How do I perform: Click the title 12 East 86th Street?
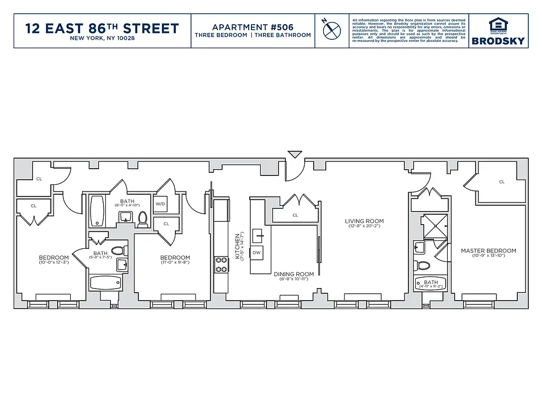tap(102, 28)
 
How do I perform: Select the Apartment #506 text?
tap(252, 27)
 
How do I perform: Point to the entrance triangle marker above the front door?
tap(295, 155)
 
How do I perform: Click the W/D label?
tap(160, 204)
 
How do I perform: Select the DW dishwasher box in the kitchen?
tap(257, 252)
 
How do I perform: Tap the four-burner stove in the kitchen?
tap(221, 264)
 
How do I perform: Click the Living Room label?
tap(364, 221)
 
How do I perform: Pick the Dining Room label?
tap(294, 274)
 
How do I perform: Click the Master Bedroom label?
tap(488, 251)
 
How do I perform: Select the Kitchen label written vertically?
tap(237, 246)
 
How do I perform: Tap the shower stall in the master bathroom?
tap(435, 225)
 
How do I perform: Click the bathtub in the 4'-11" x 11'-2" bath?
tap(430, 285)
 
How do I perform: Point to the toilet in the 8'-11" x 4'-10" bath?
tap(142, 219)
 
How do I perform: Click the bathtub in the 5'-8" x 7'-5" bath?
tap(105, 283)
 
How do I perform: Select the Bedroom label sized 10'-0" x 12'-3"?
tap(53, 258)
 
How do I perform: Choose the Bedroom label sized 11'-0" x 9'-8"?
tap(175, 258)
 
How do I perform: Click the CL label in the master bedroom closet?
tap(501, 182)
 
